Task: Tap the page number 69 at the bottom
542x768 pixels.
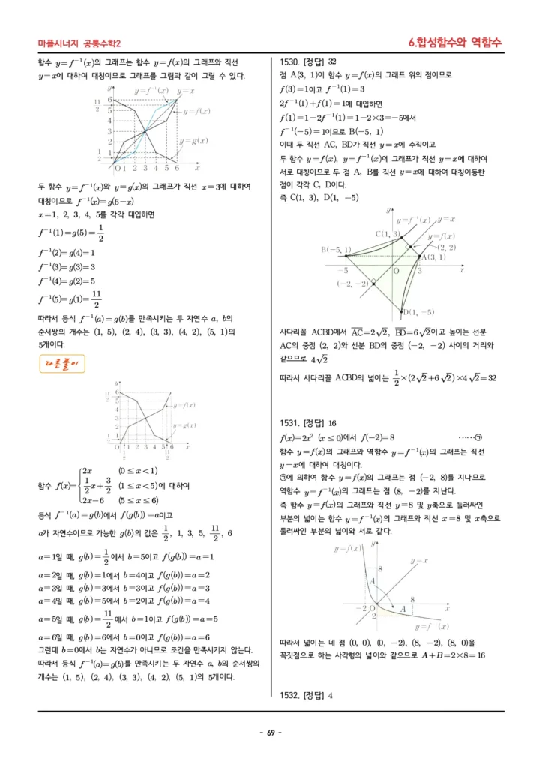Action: [x=271, y=732]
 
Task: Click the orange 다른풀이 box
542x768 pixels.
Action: [x=63, y=364]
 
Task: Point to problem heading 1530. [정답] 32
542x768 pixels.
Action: [x=307, y=62]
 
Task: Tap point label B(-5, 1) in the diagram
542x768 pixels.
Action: [x=338, y=249]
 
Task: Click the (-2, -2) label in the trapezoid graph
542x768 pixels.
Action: [x=352, y=283]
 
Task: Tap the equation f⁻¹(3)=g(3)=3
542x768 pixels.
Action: [x=71, y=267]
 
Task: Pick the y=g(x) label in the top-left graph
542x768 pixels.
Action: [x=193, y=141]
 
